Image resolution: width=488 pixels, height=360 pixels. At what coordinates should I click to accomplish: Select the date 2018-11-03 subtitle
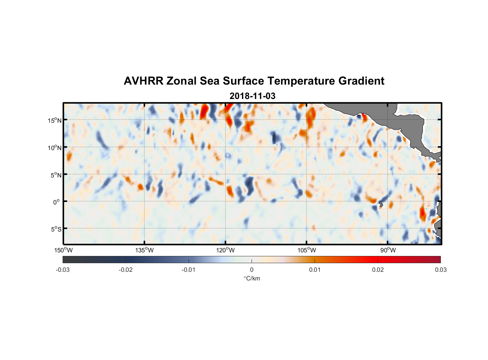tap(252, 96)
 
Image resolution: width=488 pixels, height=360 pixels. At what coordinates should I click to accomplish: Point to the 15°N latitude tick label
tap(55, 120)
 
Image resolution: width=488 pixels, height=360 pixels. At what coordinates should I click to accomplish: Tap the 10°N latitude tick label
tap(55, 148)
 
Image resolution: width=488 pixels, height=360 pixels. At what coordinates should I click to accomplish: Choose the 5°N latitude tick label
tap(56, 175)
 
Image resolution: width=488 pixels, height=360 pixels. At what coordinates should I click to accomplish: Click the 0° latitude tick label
tap(56, 202)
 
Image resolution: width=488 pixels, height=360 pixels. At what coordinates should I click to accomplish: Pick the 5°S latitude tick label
tap(56, 229)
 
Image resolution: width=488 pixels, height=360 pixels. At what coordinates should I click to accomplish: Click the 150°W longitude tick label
tap(63, 250)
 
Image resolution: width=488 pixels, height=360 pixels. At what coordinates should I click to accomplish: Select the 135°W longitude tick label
tap(144, 250)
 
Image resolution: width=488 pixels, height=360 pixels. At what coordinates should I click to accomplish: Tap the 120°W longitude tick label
tap(225, 250)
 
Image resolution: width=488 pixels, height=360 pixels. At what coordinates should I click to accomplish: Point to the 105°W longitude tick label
tap(307, 250)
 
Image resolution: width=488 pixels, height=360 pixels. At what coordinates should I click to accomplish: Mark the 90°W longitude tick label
tap(388, 250)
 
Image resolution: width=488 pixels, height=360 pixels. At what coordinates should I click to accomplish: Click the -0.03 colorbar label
tap(63, 270)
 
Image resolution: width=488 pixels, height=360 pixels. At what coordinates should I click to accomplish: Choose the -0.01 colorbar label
tap(189, 270)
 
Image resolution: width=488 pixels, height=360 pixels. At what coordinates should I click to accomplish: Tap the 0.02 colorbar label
tap(378, 270)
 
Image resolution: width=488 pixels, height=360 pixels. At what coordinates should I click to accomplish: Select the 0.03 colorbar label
tap(440, 270)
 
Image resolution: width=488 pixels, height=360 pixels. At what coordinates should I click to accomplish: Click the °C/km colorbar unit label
tap(252, 278)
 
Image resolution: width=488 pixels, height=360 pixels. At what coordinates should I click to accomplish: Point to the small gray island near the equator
tap(381, 204)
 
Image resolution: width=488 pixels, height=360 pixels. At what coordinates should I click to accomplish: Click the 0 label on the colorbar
tap(252, 270)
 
